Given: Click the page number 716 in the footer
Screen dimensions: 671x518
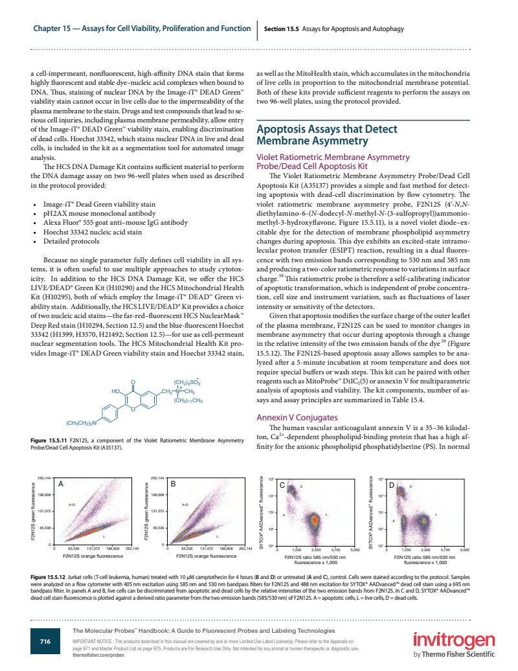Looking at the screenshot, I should [45, 641].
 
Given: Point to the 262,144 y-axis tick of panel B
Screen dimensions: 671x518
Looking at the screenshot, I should [157, 478].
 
